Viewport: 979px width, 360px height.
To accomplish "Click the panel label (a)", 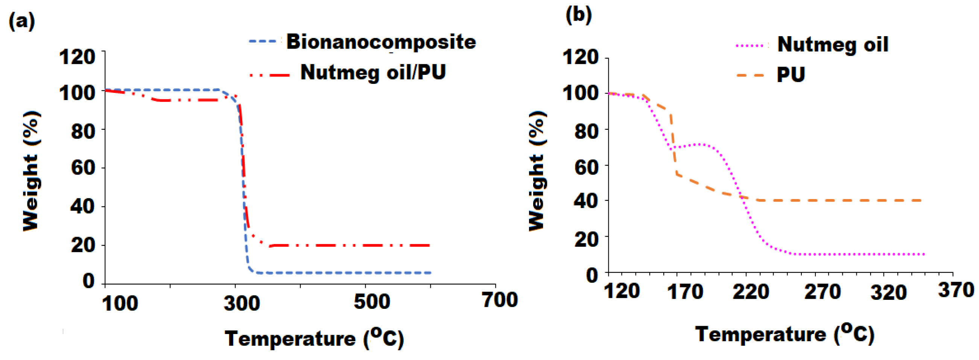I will (x=22, y=21).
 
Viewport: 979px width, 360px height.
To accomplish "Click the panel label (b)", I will (x=578, y=15).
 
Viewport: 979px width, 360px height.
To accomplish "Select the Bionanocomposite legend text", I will (x=381, y=42).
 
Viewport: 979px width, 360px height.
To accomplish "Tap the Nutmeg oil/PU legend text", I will (x=373, y=72).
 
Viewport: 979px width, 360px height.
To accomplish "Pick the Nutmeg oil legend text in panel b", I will (x=833, y=45).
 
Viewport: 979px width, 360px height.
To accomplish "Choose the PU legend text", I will (x=791, y=74).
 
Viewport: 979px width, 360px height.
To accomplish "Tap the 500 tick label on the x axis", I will (x=372, y=302).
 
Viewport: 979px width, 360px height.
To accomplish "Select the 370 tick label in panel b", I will (x=956, y=290).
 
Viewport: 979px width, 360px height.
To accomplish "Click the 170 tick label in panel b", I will (x=685, y=292).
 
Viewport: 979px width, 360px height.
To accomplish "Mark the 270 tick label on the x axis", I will (x=822, y=292).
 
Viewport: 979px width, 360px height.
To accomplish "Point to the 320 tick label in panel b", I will (x=889, y=293).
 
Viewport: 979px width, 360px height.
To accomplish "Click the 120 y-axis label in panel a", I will (x=77, y=57).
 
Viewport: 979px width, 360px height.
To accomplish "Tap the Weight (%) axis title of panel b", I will (x=538, y=171).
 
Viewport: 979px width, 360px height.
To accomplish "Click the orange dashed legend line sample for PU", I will (x=750, y=75).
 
